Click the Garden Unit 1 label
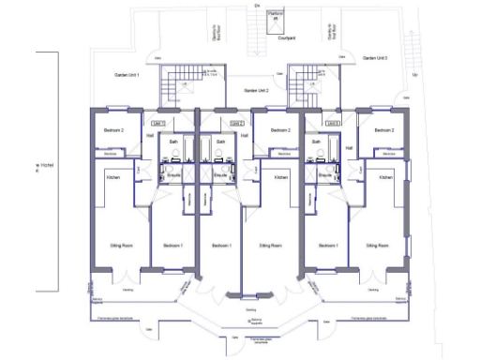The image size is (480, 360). tap(127, 74)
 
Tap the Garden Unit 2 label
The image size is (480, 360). tap(256, 90)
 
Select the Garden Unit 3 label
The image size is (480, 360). tap(375, 58)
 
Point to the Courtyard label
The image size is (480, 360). tap(286, 38)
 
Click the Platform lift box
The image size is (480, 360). tap(275, 17)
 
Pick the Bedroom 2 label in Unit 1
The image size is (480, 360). tap(113, 129)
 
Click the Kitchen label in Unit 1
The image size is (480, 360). tap(112, 176)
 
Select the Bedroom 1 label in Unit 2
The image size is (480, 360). tap(221, 246)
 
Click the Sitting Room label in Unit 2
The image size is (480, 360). tap(269, 246)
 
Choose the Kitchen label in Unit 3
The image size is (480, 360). tap(383, 176)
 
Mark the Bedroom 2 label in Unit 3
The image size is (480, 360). tap(382, 129)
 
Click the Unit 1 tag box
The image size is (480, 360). tap(157, 123)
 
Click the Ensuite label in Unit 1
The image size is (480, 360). tap(172, 175)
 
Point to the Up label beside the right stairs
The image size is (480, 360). tap(415, 74)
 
